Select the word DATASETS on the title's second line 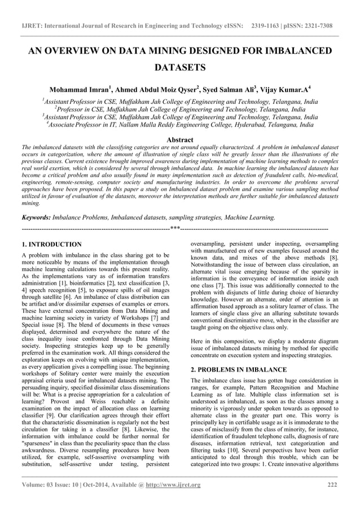coord(179,69)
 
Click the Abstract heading coord(179,140)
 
